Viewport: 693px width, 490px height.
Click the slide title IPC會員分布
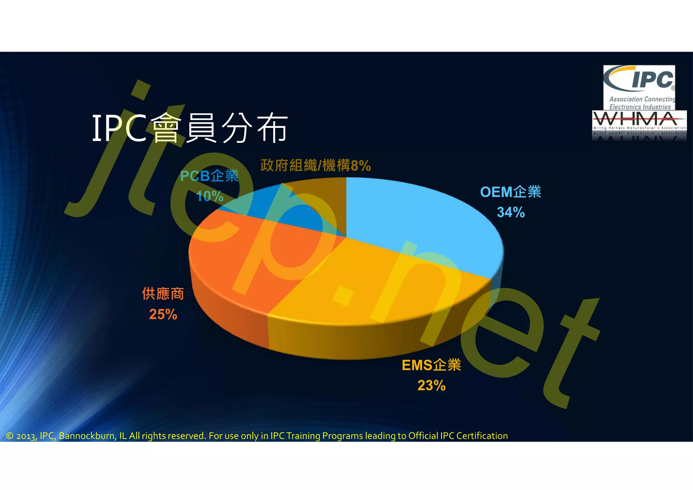[x=189, y=128]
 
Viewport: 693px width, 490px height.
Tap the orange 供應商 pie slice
[x=244, y=264]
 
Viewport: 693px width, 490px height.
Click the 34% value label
[x=511, y=213]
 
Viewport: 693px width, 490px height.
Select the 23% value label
[x=431, y=385]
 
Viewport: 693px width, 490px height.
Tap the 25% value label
[x=163, y=314]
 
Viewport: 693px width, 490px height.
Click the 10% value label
[x=210, y=196]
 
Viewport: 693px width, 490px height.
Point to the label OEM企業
[x=511, y=192]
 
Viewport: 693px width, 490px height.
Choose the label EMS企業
[x=431, y=365]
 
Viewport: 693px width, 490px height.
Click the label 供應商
[x=163, y=294]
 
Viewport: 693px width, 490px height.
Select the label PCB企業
[x=209, y=176]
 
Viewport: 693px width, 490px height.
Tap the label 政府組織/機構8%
[x=316, y=165]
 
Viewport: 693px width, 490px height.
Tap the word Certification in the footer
[x=482, y=436]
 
